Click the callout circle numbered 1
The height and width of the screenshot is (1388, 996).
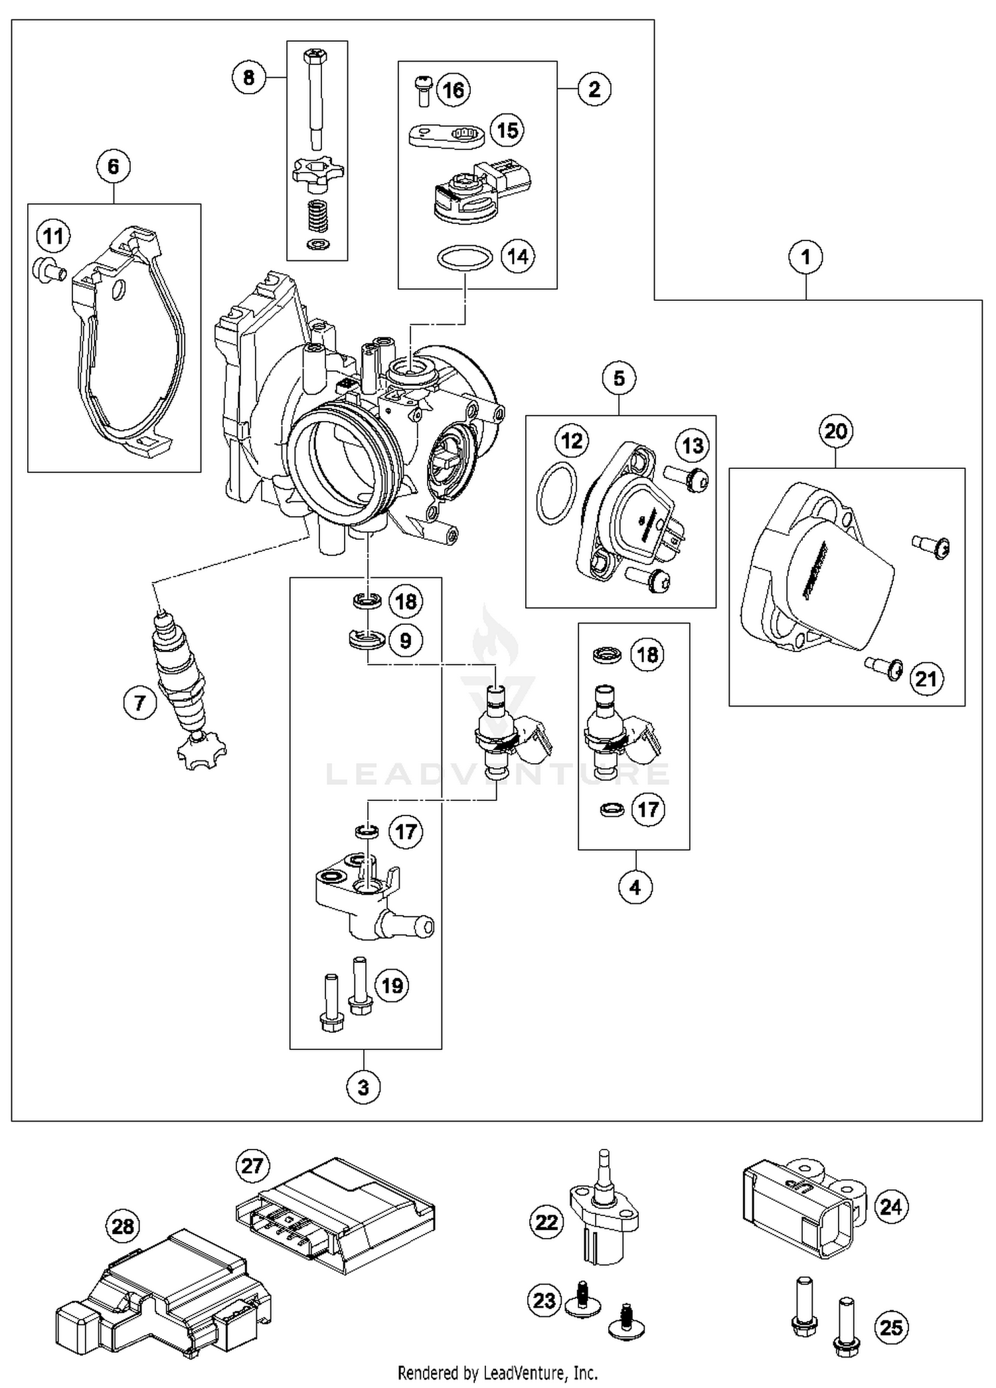(805, 257)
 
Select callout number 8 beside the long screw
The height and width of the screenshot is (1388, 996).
(248, 78)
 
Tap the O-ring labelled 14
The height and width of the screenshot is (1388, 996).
(465, 258)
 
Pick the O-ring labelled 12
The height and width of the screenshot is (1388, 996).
(556, 492)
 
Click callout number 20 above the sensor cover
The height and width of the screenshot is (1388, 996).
(835, 432)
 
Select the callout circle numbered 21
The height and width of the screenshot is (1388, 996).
(926, 678)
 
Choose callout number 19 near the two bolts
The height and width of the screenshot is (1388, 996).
(392, 985)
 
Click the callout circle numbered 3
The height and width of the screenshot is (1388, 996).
(363, 1087)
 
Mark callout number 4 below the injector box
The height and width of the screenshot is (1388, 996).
(635, 887)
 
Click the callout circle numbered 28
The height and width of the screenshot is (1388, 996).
(123, 1226)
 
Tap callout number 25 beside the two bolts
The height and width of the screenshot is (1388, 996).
(890, 1327)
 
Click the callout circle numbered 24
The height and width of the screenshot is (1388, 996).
(890, 1206)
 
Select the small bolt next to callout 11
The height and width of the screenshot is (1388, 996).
(48, 270)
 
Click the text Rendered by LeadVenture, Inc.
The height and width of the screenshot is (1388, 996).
(497, 1372)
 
